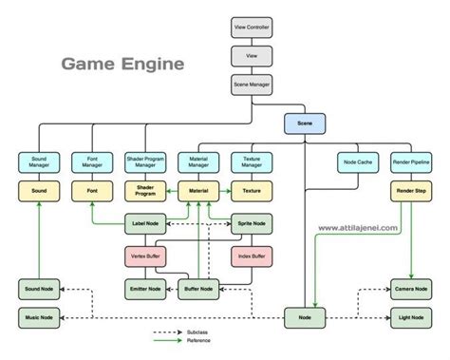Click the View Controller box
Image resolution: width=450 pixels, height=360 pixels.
(251, 27)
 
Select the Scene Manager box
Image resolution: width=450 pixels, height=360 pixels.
(251, 84)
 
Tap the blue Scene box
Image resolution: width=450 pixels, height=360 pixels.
(304, 123)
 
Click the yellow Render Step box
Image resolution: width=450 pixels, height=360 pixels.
(409, 191)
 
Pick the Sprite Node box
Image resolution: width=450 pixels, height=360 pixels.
(252, 226)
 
